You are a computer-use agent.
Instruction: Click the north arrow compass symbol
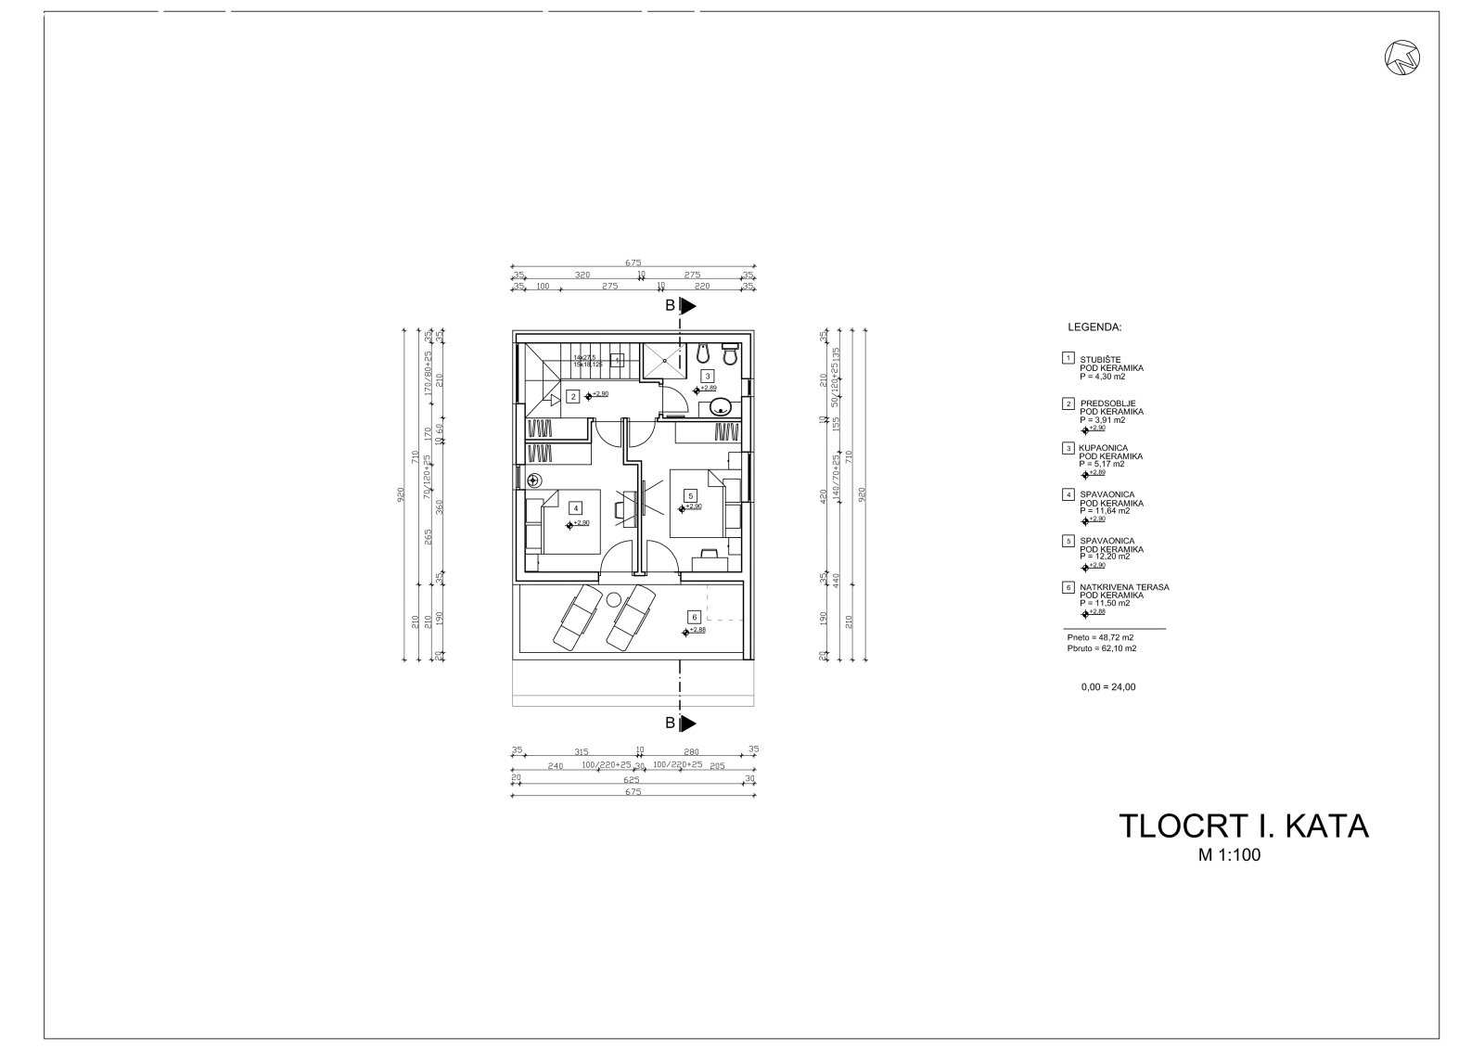tap(1403, 58)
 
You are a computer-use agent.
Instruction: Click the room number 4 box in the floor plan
tap(576, 508)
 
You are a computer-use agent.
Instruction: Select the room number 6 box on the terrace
tap(692, 617)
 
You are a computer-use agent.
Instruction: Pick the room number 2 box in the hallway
tap(573, 397)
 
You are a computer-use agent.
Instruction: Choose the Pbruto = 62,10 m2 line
tap(1101, 648)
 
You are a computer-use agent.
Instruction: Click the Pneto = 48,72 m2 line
tap(1100, 638)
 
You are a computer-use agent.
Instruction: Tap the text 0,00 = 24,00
tap(1107, 687)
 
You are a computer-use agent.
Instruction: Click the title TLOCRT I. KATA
tap(1243, 826)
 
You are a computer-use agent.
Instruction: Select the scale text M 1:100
tap(1229, 856)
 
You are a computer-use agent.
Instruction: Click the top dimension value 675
tap(633, 262)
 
